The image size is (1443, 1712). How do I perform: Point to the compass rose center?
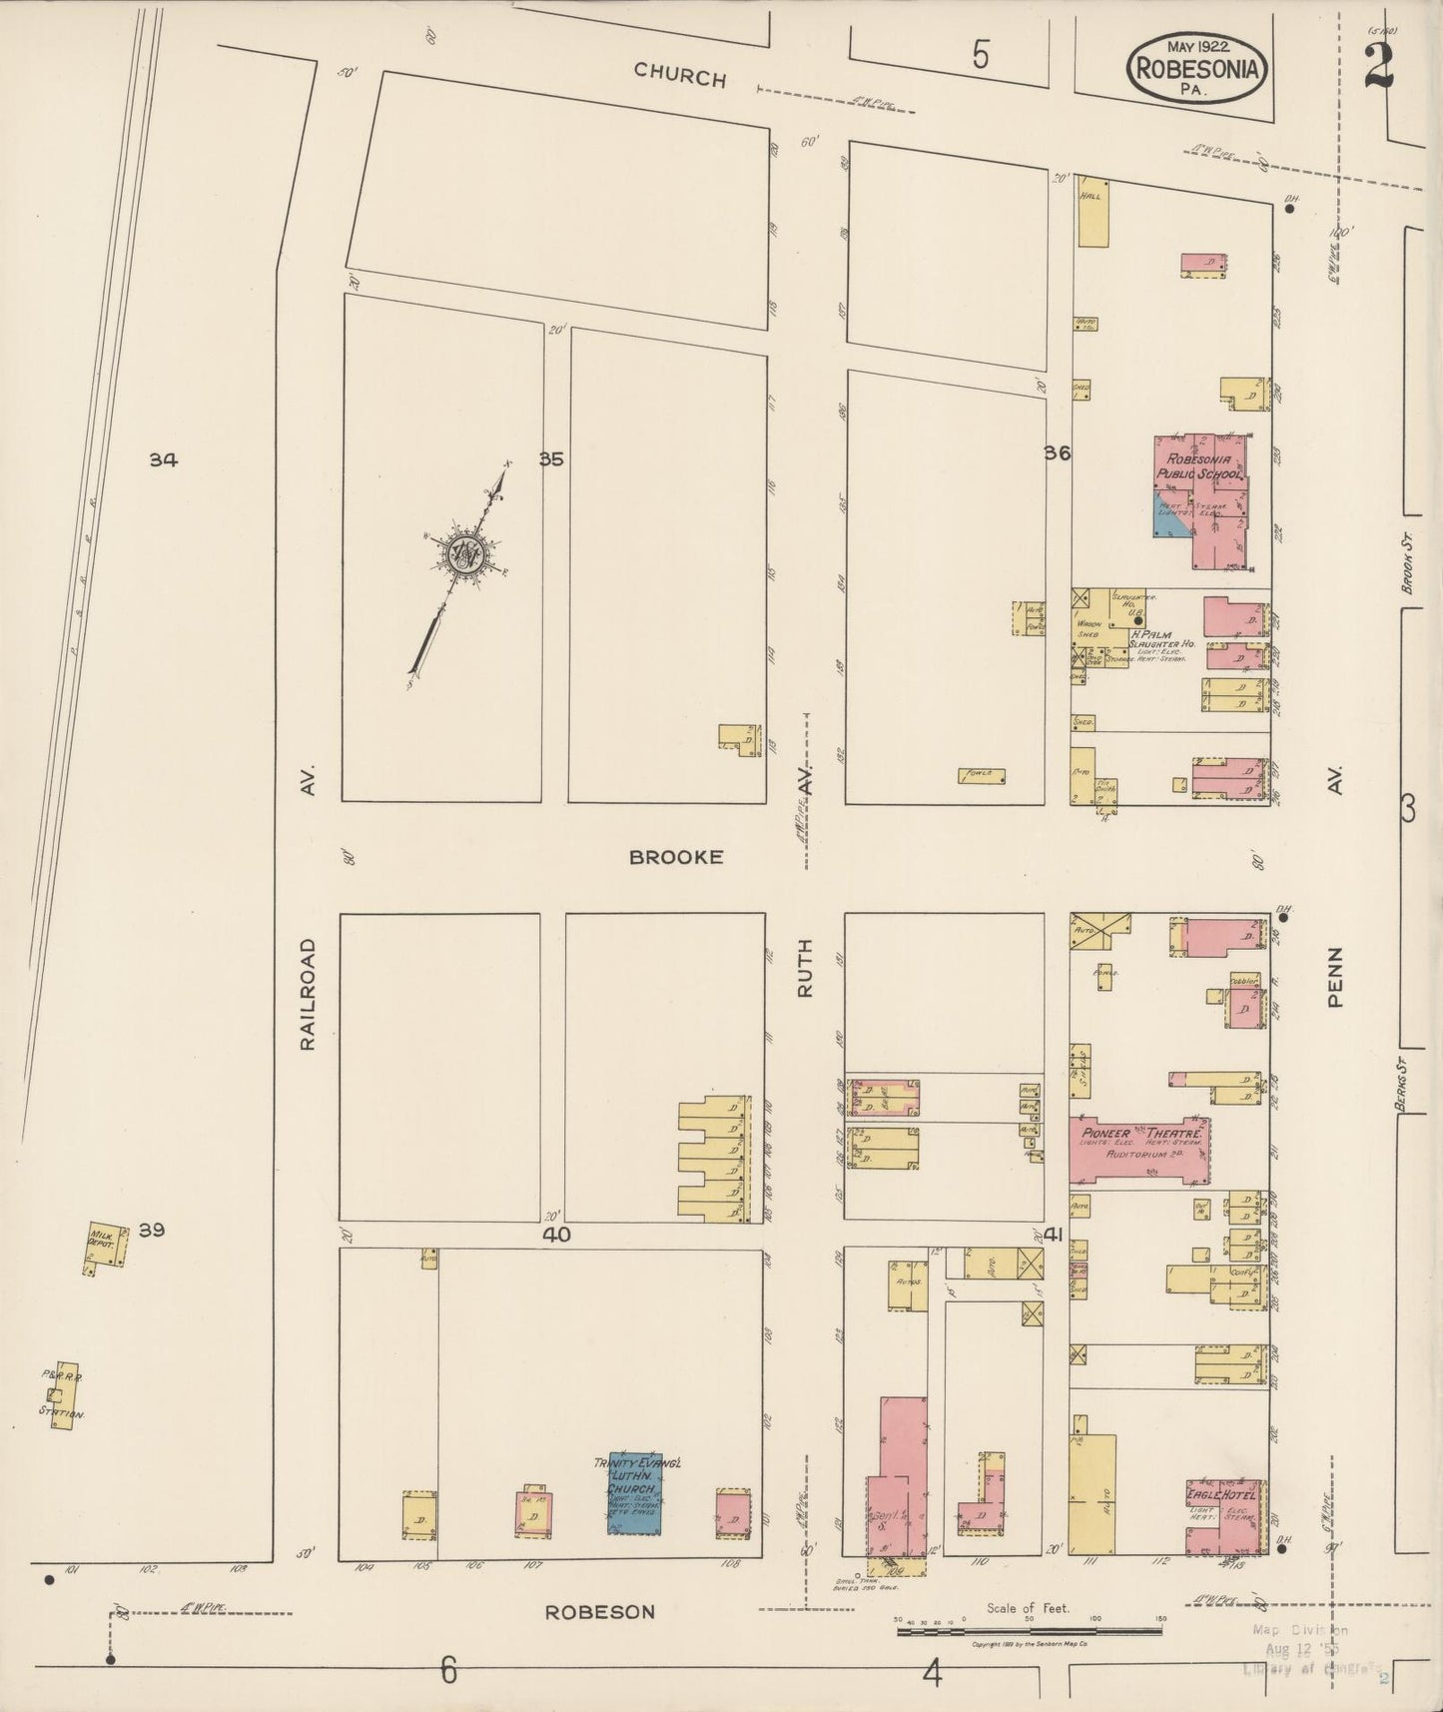point(463,554)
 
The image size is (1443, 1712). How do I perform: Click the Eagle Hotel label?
point(1219,1494)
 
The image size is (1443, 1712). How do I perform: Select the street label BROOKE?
point(675,857)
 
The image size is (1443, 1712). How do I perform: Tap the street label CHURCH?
point(679,74)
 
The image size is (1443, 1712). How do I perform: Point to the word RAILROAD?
point(308,993)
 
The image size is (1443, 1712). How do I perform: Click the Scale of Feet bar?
point(1029,1631)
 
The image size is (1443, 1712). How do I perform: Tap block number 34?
point(164,459)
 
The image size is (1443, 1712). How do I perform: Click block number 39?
point(151,1230)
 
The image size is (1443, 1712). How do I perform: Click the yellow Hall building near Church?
point(1092,213)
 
